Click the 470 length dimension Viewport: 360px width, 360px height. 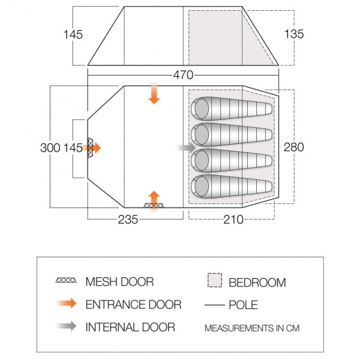coord(184,76)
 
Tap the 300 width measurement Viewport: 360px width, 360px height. coord(49,148)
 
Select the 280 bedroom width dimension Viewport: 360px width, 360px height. coord(295,148)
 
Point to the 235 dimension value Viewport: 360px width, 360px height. coord(128,220)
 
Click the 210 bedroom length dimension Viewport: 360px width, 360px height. coord(233,220)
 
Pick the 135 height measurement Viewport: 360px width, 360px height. coord(294,34)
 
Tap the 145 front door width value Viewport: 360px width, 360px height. coord(73,148)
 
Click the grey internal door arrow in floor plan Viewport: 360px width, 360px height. coord(185,147)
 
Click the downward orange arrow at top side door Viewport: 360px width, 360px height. coord(154,95)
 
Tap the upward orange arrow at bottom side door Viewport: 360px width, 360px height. coord(154,197)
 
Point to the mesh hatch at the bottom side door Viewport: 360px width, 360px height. coord(154,206)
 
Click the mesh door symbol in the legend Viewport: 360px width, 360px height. coord(66,281)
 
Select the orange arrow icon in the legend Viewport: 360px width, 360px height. coord(66,304)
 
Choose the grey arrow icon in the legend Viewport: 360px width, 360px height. coord(66,327)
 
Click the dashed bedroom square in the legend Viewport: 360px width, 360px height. coord(214,281)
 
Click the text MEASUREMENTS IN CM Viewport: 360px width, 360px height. coord(251,328)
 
